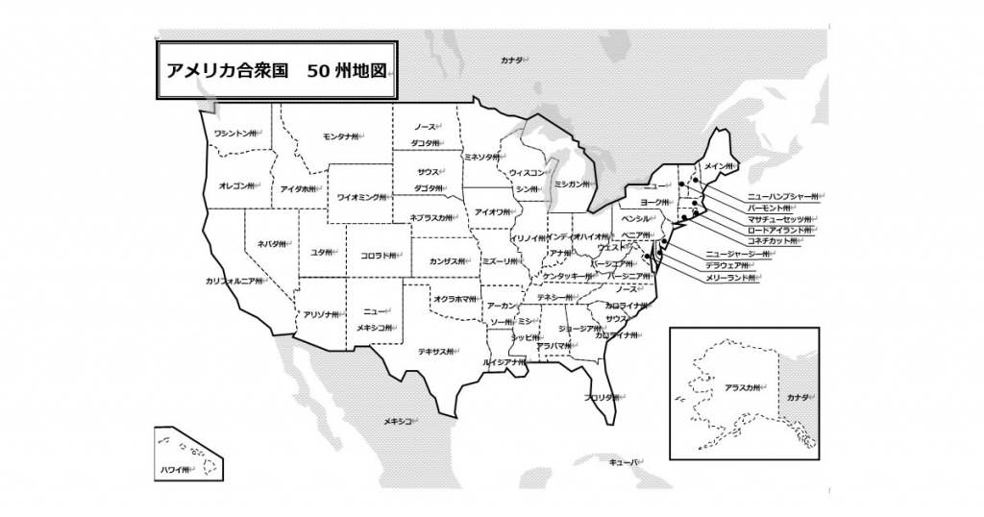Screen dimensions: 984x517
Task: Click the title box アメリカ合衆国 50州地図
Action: [x=276, y=70]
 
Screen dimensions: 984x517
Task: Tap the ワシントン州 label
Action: [x=236, y=134]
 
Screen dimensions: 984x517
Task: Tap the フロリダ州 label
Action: [x=601, y=396]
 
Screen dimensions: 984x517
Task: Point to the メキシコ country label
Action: [x=399, y=421]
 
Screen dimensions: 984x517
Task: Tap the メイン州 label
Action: [x=719, y=166]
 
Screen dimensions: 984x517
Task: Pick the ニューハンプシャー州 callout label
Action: [x=782, y=196]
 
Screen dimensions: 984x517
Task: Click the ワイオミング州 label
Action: [x=361, y=197]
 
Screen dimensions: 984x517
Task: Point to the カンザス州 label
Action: [x=449, y=261]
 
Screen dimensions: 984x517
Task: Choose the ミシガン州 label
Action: [x=572, y=184]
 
